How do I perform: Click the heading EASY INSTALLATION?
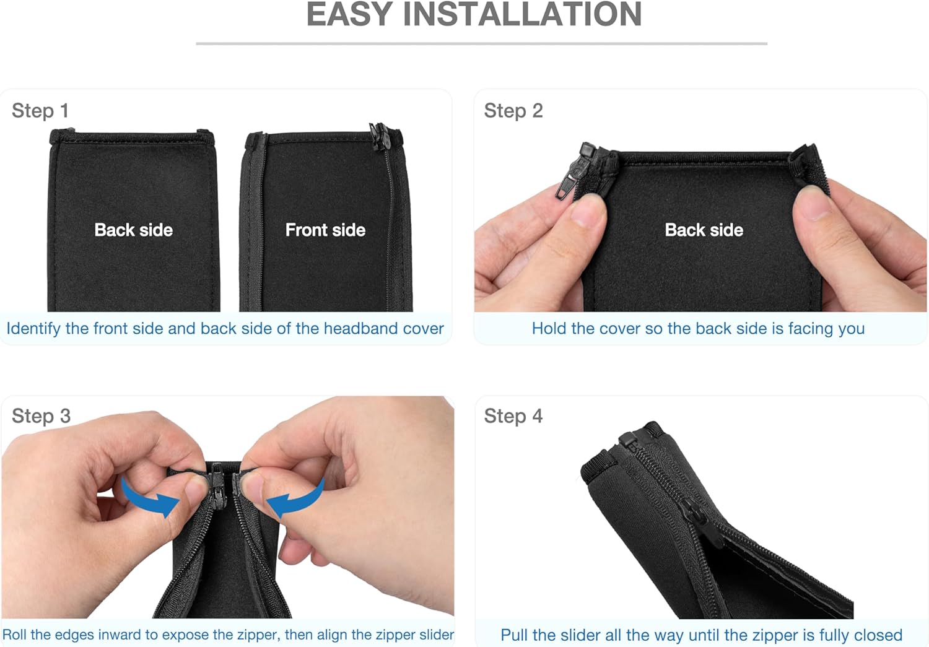474,14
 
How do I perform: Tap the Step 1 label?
40,111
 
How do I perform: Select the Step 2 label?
513,111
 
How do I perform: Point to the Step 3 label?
41,415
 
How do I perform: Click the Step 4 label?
513,415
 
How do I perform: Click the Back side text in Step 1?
134,230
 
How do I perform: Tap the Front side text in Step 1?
326,230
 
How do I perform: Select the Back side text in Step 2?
704,230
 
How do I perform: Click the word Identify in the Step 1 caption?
33,329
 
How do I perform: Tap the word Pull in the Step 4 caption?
515,635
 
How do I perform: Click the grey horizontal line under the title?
481,43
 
